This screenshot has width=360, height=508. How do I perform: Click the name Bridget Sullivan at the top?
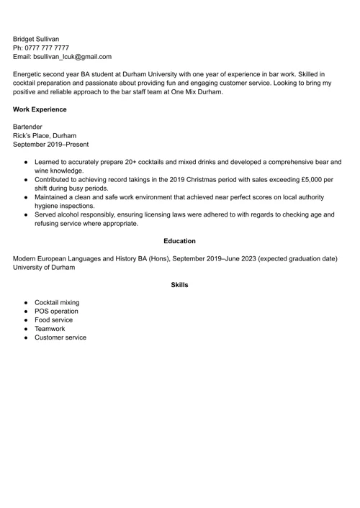pyautogui.click(x=36, y=39)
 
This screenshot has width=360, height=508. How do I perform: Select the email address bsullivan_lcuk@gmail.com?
pyautogui.click(x=71, y=56)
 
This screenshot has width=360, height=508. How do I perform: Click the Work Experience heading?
pyautogui.click(x=40, y=109)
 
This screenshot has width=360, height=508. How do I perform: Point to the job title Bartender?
pyautogui.click(x=27, y=127)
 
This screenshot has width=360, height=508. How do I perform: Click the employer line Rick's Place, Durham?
pyautogui.click(x=45, y=135)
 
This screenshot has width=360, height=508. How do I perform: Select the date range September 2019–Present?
pyautogui.click(x=50, y=144)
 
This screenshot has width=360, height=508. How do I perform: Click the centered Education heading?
pyautogui.click(x=179, y=241)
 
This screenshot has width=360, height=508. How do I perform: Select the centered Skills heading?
pyautogui.click(x=179, y=285)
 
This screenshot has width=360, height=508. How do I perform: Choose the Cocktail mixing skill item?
pyautogui.click(x=57, y=303)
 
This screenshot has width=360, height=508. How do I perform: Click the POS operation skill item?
pyautogui.click(x=56, y=312)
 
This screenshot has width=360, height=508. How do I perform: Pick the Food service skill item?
pyautogui.click(x=53, y=320)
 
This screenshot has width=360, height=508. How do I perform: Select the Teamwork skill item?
pyautogui.click(x=50, y=329)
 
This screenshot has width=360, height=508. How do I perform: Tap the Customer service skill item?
pyautogui.click(x=60, y=337)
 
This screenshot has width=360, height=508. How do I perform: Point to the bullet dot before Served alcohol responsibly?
pyautogui.click(x=26, y=214)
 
